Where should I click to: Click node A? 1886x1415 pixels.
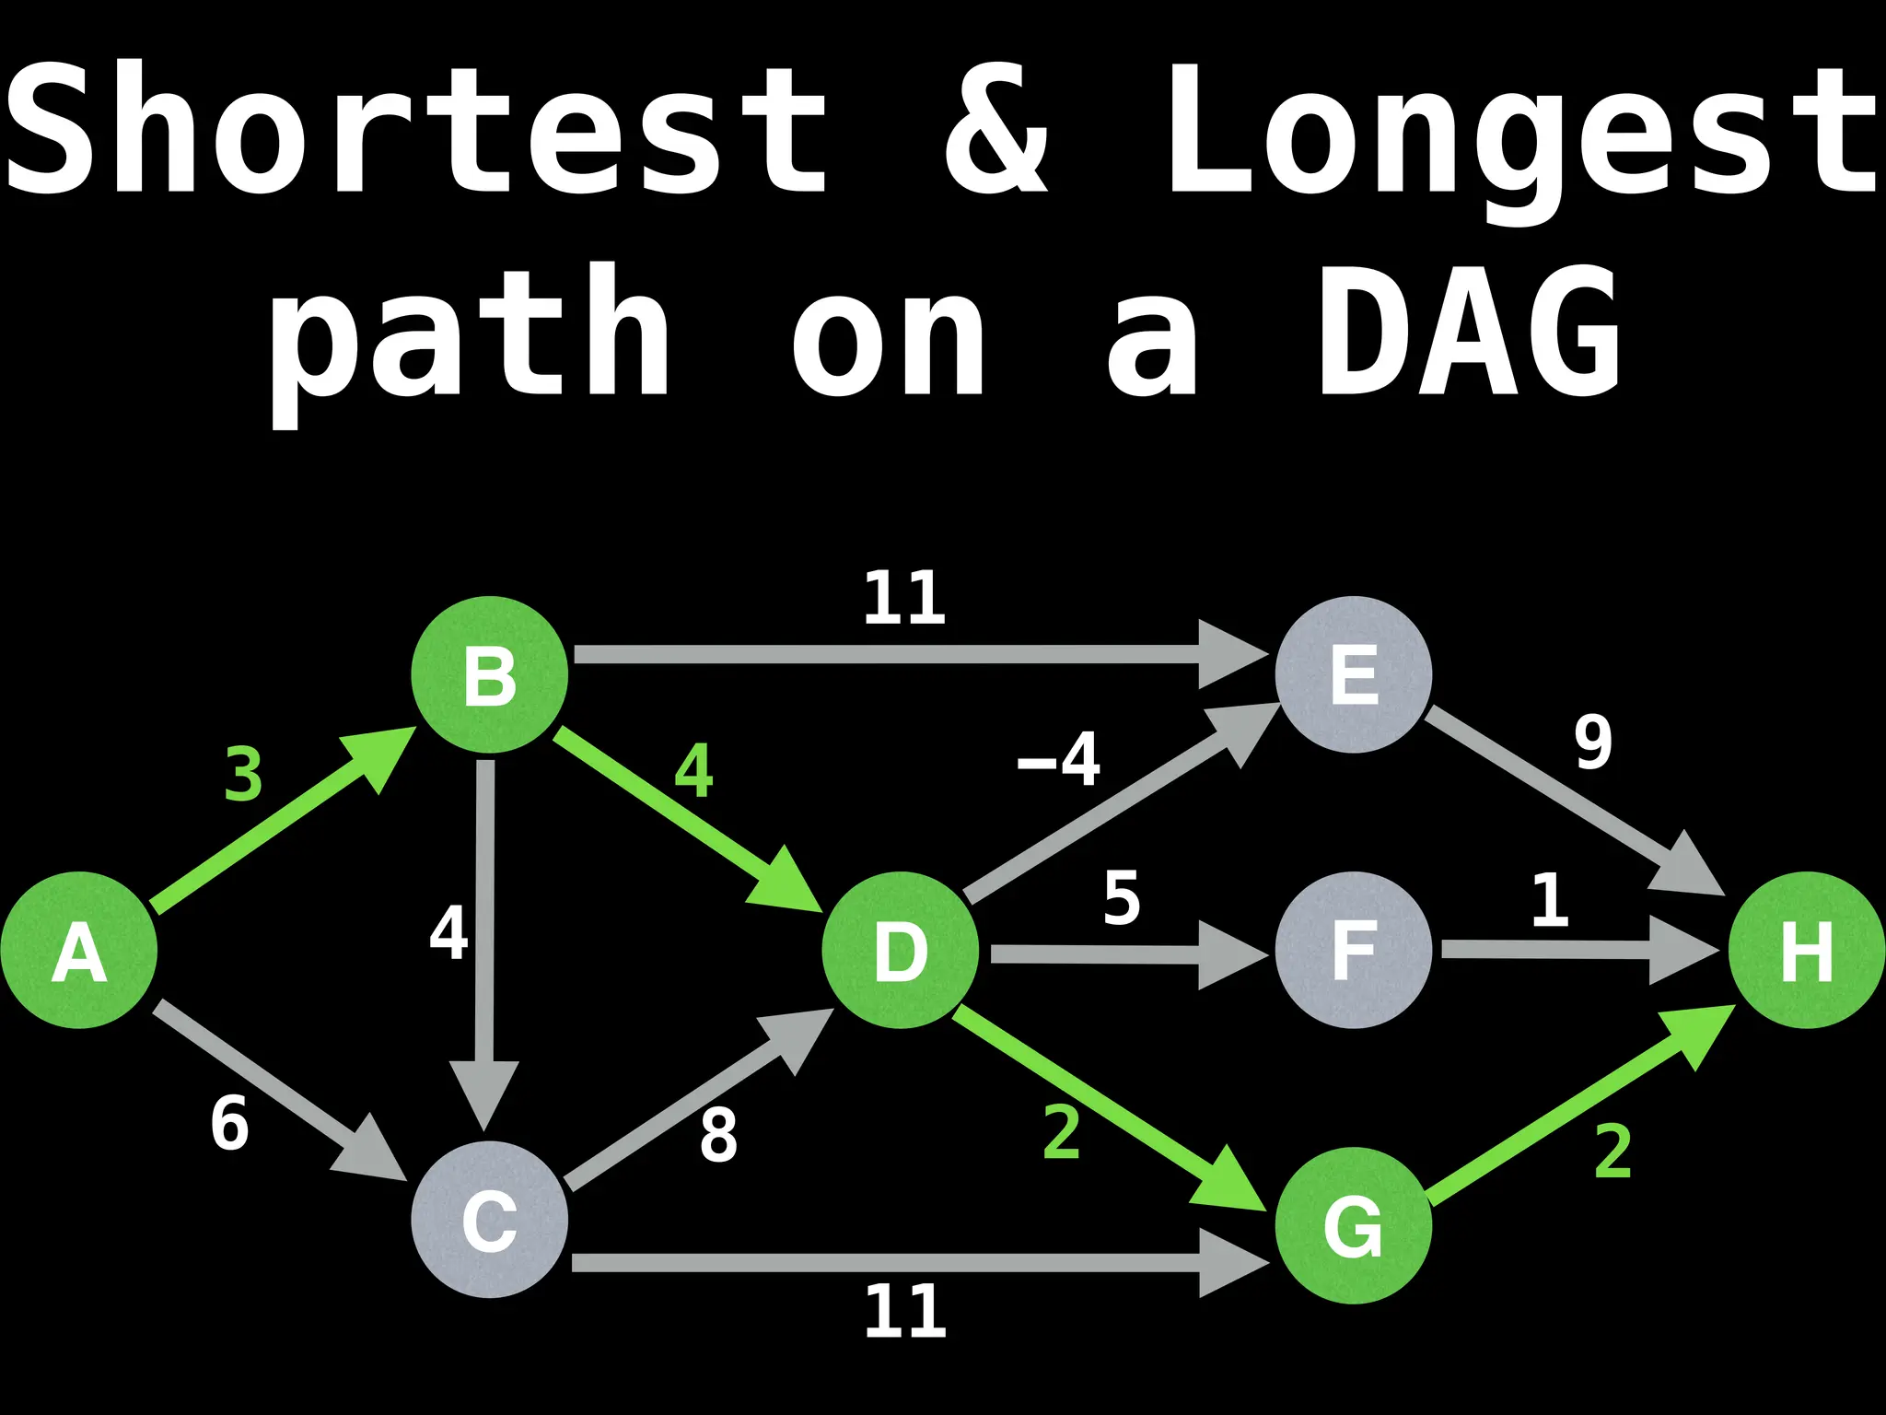79,950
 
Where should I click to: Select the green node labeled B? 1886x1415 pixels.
489,674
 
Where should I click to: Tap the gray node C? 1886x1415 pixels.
489,1220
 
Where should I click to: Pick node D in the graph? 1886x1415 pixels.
900,950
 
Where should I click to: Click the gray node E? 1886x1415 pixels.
1353,674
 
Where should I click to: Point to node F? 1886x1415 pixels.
1353,950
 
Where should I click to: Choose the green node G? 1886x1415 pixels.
1353,1225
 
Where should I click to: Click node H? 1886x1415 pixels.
1806,950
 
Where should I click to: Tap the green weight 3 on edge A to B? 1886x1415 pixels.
243,775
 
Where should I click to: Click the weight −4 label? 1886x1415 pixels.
1059,760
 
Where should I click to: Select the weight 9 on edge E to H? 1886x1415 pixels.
1593,743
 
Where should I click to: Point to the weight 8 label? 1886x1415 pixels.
718,1136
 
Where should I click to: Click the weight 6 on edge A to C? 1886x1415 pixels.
229,1124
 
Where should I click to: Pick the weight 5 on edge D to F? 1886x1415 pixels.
1122,898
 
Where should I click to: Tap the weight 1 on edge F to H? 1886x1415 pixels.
1550,900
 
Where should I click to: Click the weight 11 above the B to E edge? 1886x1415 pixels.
904,599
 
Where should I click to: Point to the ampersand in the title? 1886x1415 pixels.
997,129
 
